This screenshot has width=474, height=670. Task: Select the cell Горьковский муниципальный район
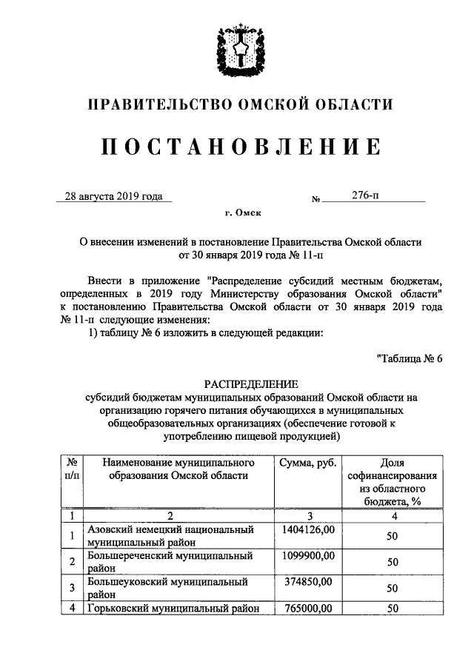pyautogui.click(x=175, y=609)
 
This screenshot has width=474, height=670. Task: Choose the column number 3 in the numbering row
pyautogui.click(x=309, y=515)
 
